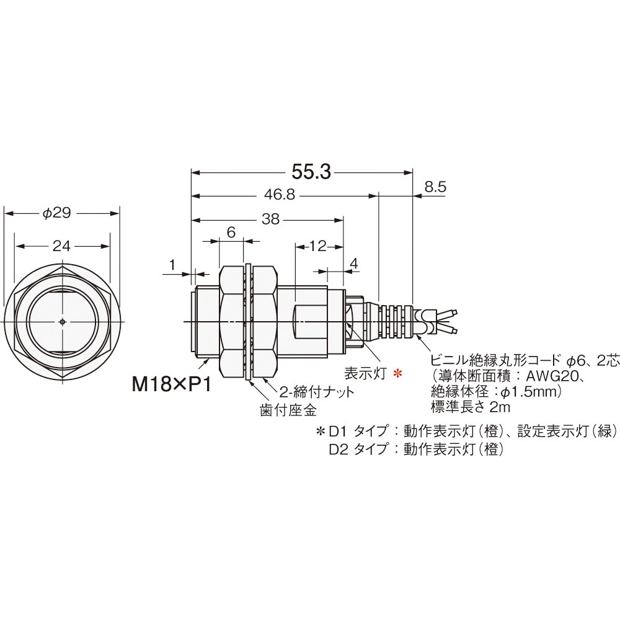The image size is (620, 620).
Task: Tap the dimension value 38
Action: click(272, 219)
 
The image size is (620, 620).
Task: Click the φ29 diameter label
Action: click(57, 213)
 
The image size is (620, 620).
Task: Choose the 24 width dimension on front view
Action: click(61, 246)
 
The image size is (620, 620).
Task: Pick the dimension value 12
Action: click(317, 246)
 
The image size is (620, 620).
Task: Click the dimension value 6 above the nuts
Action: click(231, 232)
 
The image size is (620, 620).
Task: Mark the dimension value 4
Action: click(354, 263)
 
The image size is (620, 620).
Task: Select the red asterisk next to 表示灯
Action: click(399, 373)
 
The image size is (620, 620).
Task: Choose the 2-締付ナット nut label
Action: click(316, 391)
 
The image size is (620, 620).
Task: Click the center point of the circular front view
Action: click(64, 322)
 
